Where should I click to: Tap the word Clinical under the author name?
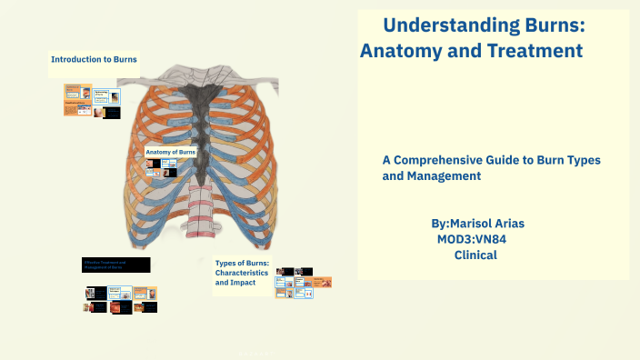point(475,255)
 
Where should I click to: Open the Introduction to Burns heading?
point(94,59)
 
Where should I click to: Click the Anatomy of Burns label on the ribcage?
point(170,152)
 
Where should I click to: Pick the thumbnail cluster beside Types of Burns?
point(295,283)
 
